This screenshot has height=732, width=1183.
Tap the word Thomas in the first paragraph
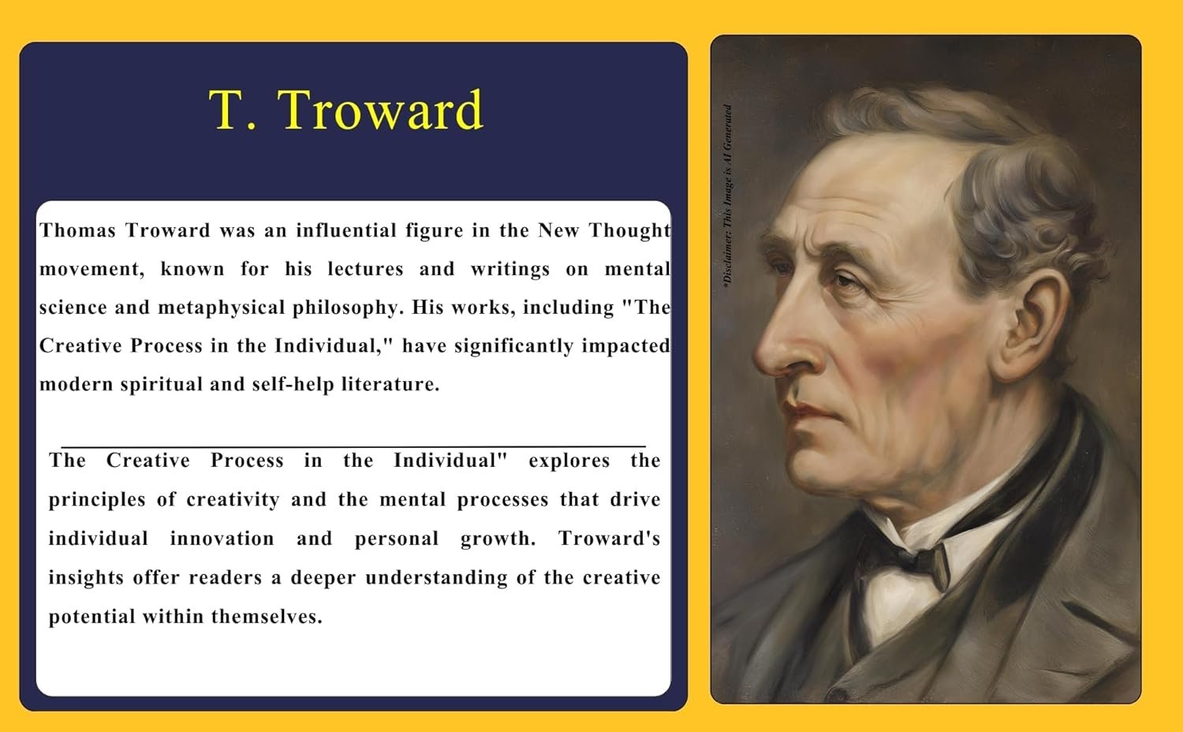click(77, 230)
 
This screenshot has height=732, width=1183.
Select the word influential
click(346, 230)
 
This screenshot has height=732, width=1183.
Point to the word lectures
click(365, 269)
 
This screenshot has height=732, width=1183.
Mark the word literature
click(391, 384)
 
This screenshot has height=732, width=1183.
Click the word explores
click(569, 461)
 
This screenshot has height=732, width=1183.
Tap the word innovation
click(222, 539)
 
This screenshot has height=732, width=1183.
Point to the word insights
click(87, 578)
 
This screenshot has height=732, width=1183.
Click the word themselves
click(267, 616)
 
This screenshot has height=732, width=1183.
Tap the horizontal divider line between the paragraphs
click(353, 446)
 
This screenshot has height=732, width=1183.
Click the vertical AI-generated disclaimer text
click(727, 196)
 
